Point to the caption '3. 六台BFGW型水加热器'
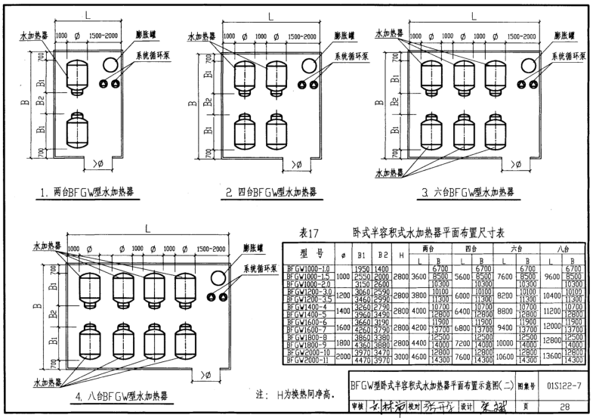coord(468,192)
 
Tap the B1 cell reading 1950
coord(362,269)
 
